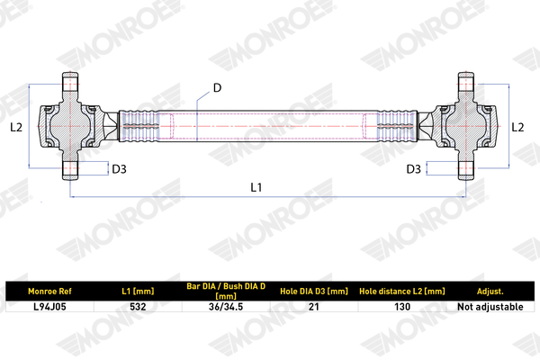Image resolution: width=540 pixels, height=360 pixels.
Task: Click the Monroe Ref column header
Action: click(49, 292)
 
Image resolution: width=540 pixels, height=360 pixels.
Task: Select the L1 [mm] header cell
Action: click(138, 292)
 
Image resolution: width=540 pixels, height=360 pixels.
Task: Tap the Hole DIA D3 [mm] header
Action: click(314, 292)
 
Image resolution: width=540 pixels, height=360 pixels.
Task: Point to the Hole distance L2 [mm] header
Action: click(402, 292)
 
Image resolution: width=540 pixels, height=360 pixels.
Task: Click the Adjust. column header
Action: click(490, 292)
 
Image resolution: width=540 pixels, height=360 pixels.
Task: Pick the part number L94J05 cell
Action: click(49, 307)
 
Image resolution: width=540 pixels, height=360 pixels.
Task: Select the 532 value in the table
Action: click(138, 307)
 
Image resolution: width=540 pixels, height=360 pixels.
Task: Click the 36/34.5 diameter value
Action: click(226, 307)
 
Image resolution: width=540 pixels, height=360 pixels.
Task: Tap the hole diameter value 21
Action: click(314, 307)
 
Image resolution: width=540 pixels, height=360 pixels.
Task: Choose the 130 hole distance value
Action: click(402, 307)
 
